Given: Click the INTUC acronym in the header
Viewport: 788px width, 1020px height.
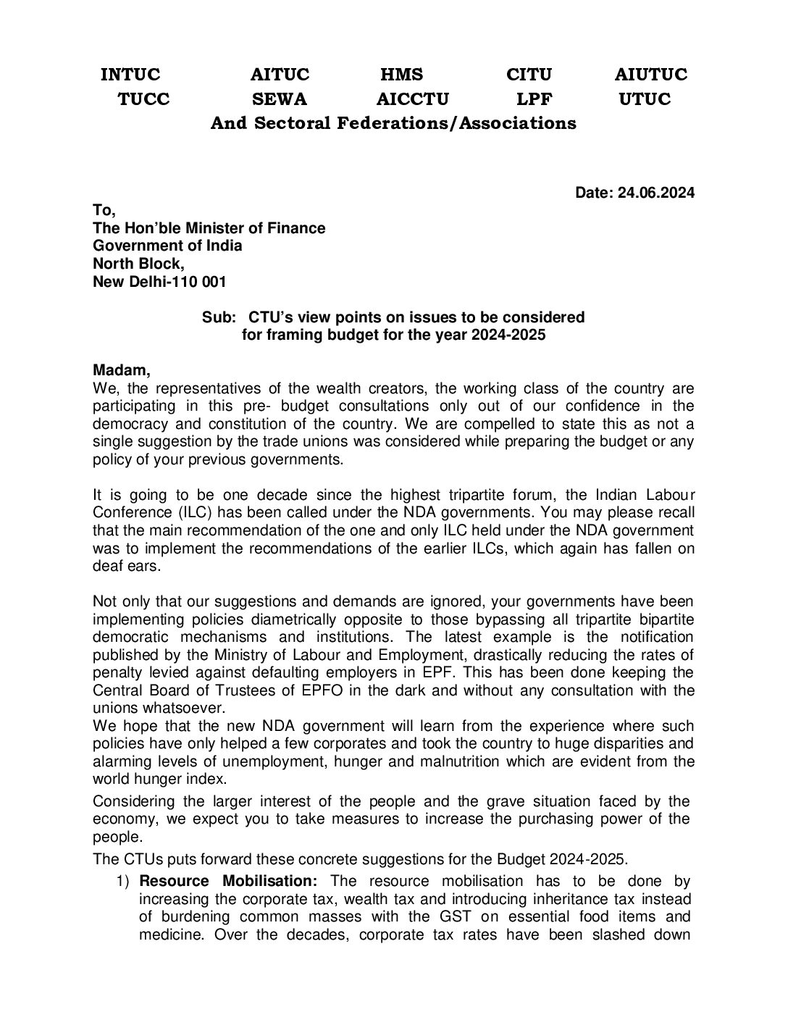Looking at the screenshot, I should click(130, 75).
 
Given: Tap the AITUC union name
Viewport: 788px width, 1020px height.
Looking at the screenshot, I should click(280, 75).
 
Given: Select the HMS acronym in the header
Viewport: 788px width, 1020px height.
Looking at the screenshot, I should click(401, 75).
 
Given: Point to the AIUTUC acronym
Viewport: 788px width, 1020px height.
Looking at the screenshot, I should click(650, 75).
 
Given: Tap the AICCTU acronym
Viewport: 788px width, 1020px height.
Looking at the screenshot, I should click(413, 99).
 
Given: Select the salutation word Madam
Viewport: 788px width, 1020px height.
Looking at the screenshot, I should click(122, 371).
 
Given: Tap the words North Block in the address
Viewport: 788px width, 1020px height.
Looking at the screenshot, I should click(138, 264).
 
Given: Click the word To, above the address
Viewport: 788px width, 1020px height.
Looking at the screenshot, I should click(104, 211).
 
